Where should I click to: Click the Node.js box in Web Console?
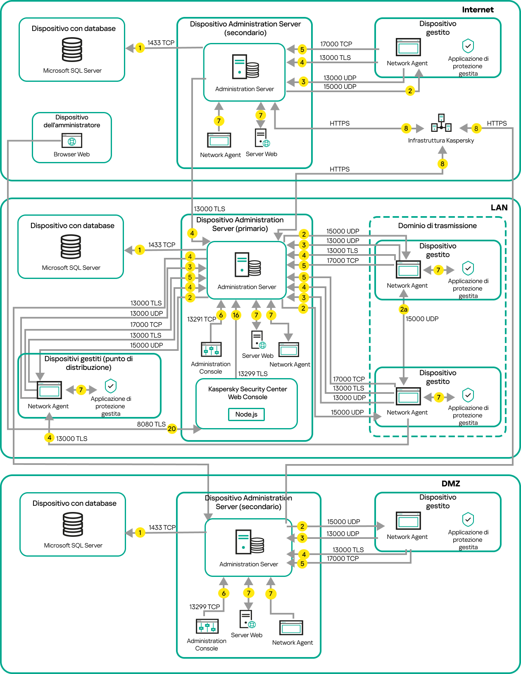click(246, 414)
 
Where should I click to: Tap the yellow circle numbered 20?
click(172, 429)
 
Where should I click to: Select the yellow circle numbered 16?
click(236, 315)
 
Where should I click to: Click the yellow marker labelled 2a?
click(404, 309)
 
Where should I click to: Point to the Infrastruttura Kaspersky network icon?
click(441, 123)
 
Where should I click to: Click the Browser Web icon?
click(71, 141)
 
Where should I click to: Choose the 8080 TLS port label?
click(151, 424)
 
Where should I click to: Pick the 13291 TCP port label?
click(201, 319)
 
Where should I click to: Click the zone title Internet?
click(478, 10)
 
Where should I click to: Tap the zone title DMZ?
click(451, 483)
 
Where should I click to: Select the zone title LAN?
click(499, 207)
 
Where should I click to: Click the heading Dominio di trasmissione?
click(437, 226)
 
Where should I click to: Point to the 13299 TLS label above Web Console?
click(252, 374)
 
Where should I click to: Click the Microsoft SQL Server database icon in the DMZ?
click(73, 524)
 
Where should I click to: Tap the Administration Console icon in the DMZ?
click(207, 626)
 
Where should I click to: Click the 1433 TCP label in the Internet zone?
click(161, 43)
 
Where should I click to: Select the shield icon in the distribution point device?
click(110, 386)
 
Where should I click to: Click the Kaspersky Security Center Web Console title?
click(247, 393)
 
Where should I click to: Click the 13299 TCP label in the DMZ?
click(205, 607)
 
